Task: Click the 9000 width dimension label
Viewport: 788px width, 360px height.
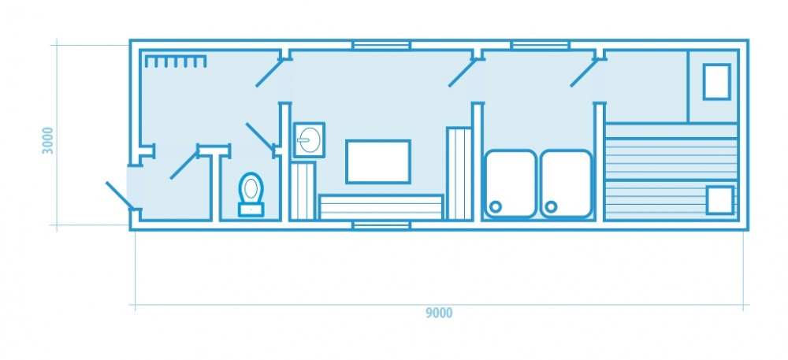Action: click(x=439, y=314)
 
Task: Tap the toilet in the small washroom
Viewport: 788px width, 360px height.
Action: click(x=251, y=195)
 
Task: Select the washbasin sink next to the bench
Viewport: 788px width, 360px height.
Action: click(x=309, y=140)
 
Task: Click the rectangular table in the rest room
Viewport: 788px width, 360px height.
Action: click(x=378, y=161)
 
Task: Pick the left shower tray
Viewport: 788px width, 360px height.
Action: click(x=510, y=184)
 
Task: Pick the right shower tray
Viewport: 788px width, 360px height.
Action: click(x=566, y=184)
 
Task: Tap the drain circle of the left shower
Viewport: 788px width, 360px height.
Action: click(x=496, y=206)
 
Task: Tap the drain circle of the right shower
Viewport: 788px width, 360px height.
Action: click(x=552, y=206)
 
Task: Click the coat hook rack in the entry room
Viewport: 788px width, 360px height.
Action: click(x=176, y=61)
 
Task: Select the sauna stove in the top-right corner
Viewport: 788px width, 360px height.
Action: click(x=716, y=82)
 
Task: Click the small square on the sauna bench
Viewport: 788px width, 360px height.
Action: click(x=719, y=200)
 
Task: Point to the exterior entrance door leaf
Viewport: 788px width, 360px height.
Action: click(x=119, y=195)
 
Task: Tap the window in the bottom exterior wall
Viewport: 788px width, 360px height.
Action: click(x=381, y=225)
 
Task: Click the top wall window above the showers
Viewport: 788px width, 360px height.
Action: click(x=541, y=45)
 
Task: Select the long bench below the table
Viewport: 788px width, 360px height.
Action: click(x=381, y=207)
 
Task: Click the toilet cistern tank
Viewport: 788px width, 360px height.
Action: click(x=251, y=210)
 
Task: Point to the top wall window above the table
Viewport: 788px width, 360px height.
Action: click(x=381, y=45)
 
